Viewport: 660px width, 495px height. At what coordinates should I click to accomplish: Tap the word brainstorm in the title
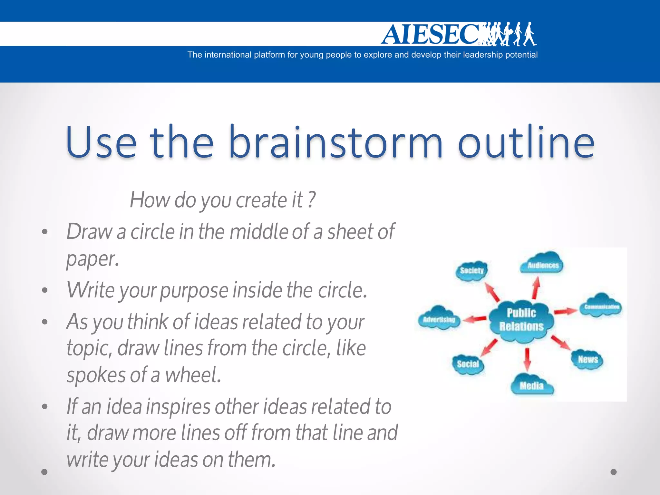[x=335, y=142]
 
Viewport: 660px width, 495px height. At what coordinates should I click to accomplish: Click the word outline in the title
[x=526, y=142]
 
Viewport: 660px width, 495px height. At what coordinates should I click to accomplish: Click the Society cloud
[x=472, y=271]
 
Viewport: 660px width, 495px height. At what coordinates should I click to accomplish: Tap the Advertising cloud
[x=439, y=319]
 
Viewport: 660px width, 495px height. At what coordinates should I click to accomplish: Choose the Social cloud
[x=468, y=364]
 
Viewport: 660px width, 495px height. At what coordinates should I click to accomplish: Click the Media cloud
[x=531, y=385]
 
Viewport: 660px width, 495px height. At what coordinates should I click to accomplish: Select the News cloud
[x=587, y=359]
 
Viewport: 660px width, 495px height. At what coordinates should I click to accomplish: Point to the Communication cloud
[x=601, y=306]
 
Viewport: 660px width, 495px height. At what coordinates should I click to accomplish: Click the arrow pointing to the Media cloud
[x=527, y=359]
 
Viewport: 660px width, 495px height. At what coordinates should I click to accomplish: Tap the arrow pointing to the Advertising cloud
[x=474, y=319]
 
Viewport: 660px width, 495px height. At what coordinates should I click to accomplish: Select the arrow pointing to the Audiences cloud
[x=536, y=288]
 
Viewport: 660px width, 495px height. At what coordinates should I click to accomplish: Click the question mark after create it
[x=311, y=200]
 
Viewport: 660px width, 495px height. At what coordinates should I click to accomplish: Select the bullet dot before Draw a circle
[x=45, y=231]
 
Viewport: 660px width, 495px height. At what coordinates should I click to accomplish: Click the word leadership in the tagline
[x=482, y=55]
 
